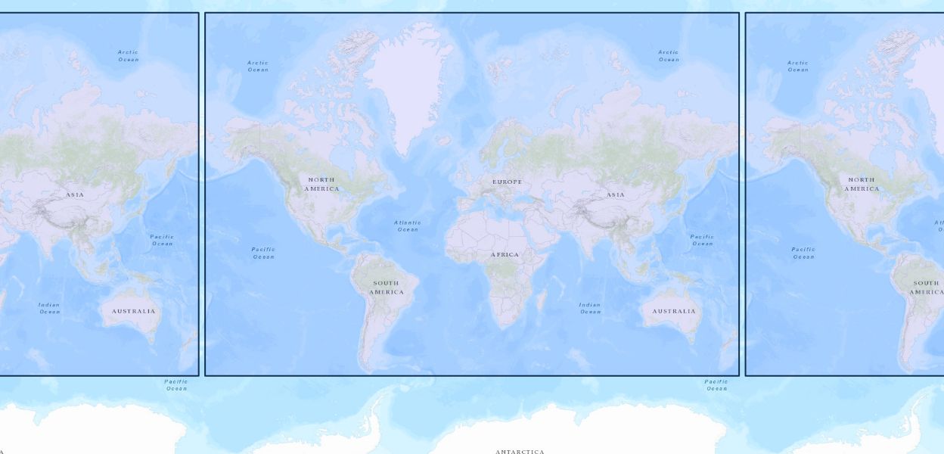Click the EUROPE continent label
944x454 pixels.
(507, 182)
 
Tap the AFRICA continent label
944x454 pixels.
(505, 255)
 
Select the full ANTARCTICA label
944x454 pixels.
(520, 452)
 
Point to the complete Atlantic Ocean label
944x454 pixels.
(408, 225)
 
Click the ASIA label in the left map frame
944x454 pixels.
(75, 195)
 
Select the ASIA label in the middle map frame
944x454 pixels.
(616, 195)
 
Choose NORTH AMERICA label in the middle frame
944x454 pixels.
(321, 184)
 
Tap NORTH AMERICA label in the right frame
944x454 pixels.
(862, 184)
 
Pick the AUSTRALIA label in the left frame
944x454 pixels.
(133, 311)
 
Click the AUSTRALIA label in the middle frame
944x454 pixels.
(674, 311)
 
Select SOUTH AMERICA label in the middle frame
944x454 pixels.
(386, 288)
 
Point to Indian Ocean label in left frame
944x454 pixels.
(49, 308)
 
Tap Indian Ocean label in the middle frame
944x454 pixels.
(590, 308)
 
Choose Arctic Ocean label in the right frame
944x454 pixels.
(798, 66)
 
